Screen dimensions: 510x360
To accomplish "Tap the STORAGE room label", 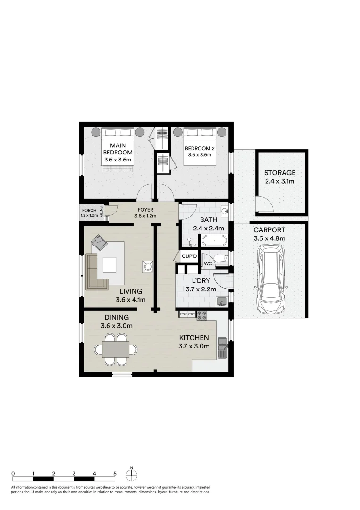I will pos(280,173).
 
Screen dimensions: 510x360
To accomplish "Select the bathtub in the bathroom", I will pos(214,241).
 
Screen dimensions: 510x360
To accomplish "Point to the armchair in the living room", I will pos(100,243).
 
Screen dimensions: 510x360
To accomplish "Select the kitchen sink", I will pos(222,348).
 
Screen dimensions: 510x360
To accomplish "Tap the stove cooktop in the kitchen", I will pos(202,315).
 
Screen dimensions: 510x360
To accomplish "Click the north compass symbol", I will pos(132,474).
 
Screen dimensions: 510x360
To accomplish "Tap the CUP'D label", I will pos(189,256).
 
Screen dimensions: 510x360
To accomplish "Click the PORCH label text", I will pos(89,211).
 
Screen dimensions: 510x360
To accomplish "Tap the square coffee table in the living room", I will pos(109,264).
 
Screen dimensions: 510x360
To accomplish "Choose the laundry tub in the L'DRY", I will pos(221,301).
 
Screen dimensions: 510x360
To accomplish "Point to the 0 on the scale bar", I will pos(13,473).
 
